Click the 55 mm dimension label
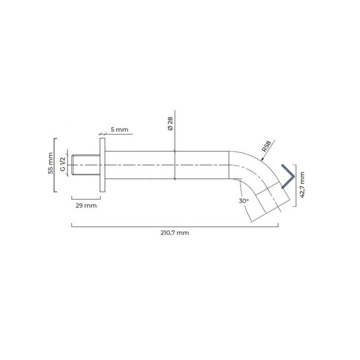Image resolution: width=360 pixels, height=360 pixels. (50, 163)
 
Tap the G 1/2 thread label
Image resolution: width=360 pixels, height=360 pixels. (62, 164)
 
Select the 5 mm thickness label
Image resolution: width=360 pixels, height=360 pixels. (119, 129)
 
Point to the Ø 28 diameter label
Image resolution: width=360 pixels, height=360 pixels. (170, 123)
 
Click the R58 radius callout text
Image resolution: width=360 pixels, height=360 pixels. (266, 146)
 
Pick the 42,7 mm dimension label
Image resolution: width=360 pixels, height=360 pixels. (302, 184)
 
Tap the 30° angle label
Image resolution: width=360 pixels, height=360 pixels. (243, 201)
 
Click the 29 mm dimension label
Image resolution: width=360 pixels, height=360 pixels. (86, 205)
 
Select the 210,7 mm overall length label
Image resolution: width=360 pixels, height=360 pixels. (174, 233)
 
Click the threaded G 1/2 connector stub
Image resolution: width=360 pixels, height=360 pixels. (86, 165)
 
